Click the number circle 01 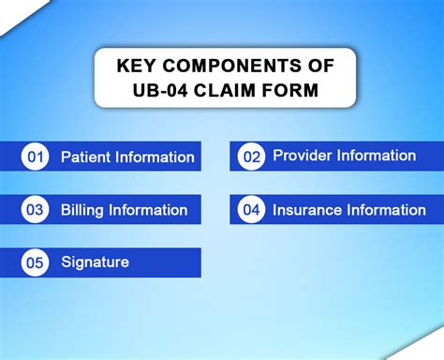point(36,157)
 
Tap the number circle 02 point(252,157)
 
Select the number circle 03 point(36,210)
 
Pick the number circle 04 point(252,210)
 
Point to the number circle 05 point(36,263)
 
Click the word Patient point(86,157)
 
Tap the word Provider point(303,156)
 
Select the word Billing point(82,210)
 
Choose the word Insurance point(306,210)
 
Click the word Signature point(95,262)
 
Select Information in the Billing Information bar point(148,210)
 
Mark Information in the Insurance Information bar point(388,210)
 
